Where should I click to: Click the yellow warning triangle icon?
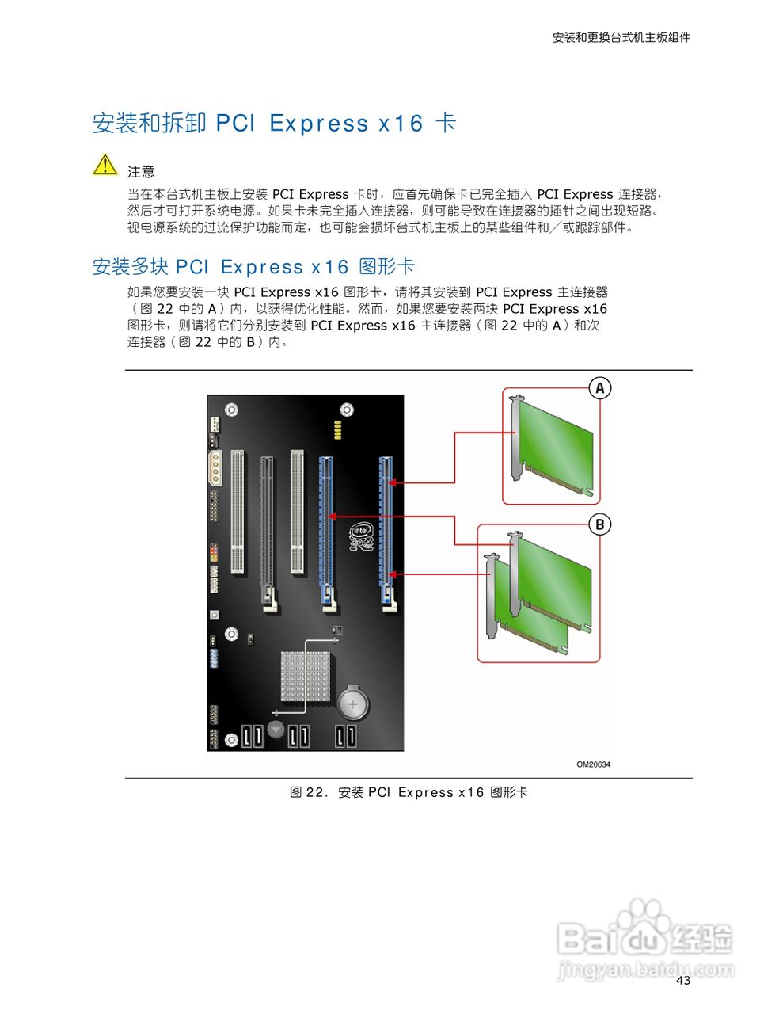105,165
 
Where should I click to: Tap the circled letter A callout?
600,387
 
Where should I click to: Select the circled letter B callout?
600,524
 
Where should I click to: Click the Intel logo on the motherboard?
362,536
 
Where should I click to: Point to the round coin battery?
353,703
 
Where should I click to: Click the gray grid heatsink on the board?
306,677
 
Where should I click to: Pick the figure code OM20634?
593,764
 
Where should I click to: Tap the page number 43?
683,981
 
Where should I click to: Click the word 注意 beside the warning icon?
141,172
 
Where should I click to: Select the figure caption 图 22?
306,792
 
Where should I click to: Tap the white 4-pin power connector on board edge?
215,468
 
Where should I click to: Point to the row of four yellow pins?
337,430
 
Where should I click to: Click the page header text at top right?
621,38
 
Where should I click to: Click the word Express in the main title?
319,124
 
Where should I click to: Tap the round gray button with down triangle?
276,729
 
